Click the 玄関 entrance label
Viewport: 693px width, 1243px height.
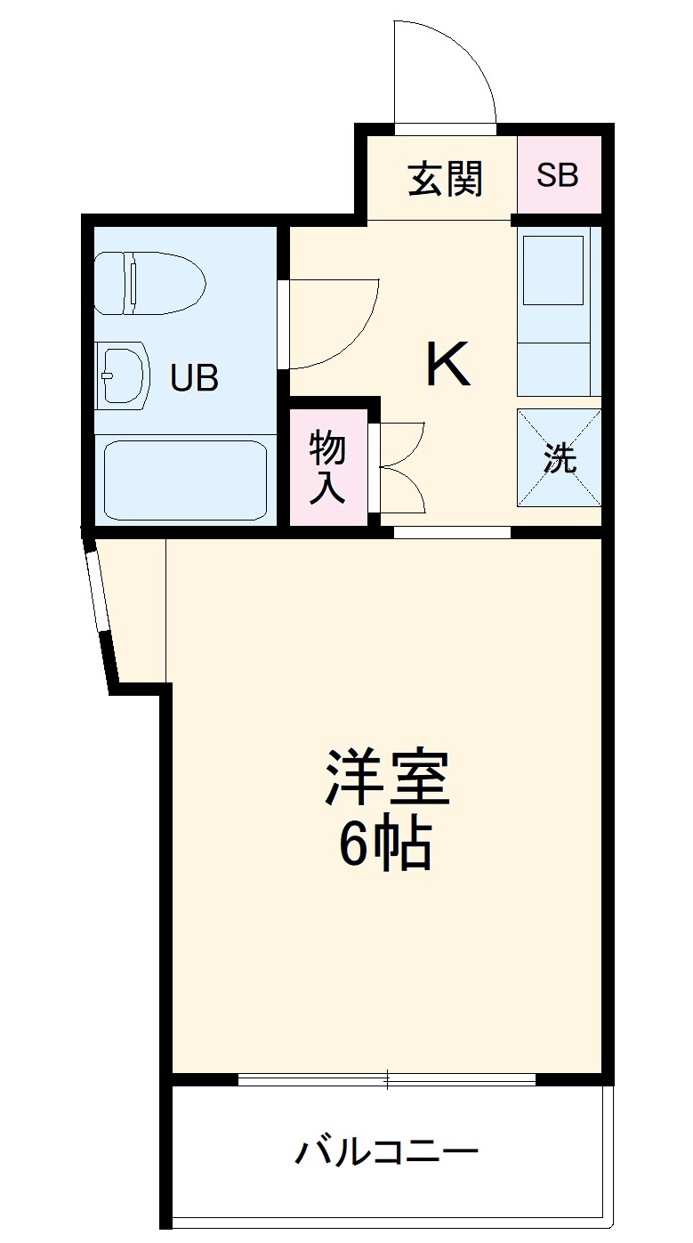point(446,179)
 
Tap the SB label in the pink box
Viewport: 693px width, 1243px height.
point(558,175)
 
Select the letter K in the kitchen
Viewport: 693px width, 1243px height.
point(448,365)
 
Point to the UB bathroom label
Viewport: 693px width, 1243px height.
point(194,379)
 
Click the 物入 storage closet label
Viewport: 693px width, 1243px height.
point(327,467)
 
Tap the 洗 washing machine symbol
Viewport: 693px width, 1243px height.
point(560,458)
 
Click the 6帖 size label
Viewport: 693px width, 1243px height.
point(384,846)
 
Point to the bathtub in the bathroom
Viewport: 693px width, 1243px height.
point(185,480)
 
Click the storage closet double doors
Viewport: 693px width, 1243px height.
point(400,467)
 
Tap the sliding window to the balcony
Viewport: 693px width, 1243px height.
point(387,1080)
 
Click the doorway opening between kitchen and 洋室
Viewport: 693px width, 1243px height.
point(452,532)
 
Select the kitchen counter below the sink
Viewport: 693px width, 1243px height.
point(554,367)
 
